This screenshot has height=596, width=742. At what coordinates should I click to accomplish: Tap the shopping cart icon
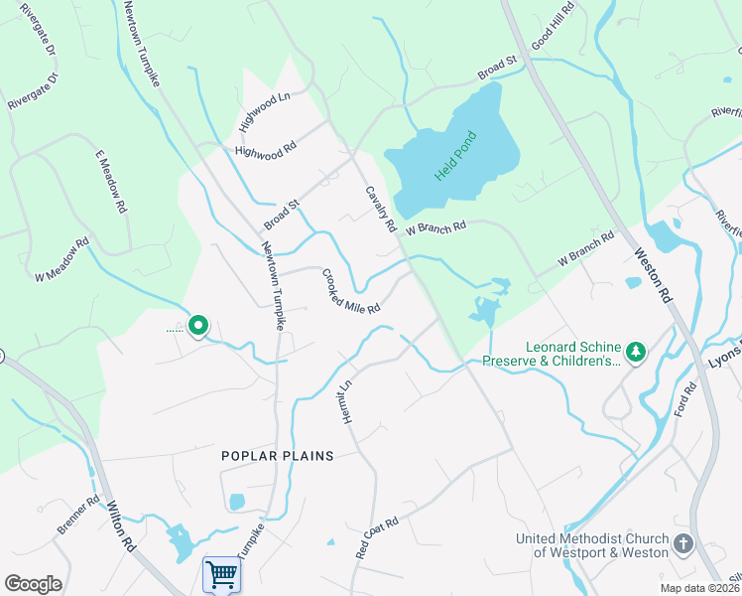(x=221, y=573)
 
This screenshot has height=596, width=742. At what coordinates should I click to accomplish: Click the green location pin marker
(x=198, y=325)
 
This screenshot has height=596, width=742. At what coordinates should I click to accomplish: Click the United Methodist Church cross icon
(x=682, y=544)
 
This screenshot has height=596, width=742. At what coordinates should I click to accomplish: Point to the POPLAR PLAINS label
(x=277, y=455)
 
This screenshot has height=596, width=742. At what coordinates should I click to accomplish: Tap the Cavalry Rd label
(x=380, y=209)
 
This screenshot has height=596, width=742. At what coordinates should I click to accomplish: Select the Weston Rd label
(x=654, y=275)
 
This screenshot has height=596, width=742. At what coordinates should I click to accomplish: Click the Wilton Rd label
(x=120, y=526)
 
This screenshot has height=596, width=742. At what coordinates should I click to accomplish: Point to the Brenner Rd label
(x=78, y=515)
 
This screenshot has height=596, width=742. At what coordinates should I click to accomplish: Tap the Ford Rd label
(x=684, y=396)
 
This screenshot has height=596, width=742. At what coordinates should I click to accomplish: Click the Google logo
(x=33, y=583)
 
